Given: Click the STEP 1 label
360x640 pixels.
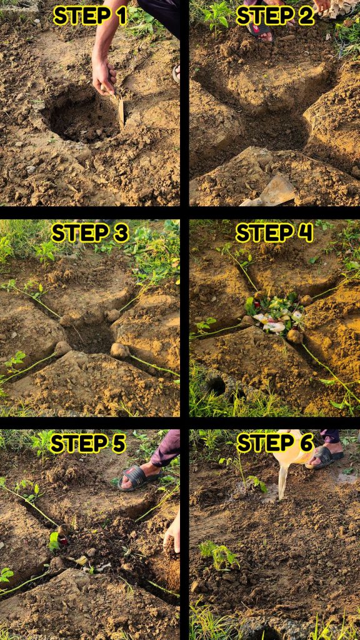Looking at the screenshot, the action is (90, 16).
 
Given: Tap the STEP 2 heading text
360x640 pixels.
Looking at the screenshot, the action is (275, 16).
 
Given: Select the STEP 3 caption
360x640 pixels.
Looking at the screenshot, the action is (90, 233).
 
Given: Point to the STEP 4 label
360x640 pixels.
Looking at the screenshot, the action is (274, 233).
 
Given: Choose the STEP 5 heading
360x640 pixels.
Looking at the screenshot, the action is (87, 444).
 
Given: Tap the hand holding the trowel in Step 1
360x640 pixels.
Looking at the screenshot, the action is (104, 77).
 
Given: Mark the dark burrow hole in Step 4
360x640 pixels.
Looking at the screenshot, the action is (216, 386).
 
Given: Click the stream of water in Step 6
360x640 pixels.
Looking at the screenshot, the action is (282, 482).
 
